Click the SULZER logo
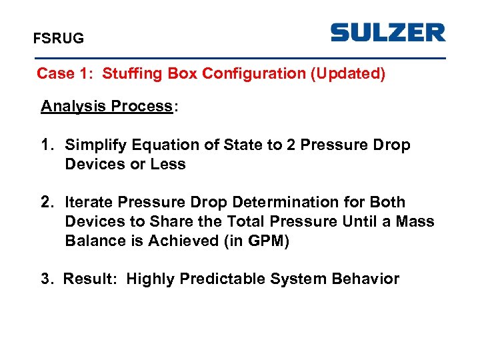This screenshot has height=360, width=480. [x=388, y=32]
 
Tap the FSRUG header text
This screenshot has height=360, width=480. [x=59, y=39]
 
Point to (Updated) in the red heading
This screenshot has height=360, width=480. [x=348, y=73]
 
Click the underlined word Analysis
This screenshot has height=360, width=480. [x=74, y=107]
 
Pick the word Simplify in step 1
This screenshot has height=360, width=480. [x=99, y=145]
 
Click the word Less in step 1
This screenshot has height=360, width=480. [x=169, y=164]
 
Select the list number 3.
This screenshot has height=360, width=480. [x=45, y=279]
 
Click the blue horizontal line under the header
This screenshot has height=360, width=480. [x=240, y=58]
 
